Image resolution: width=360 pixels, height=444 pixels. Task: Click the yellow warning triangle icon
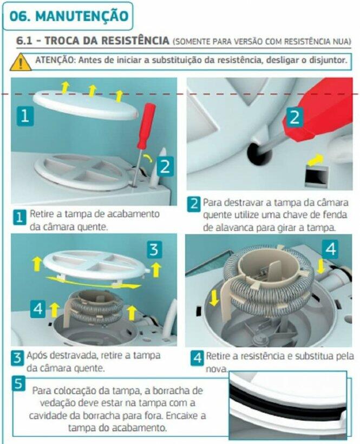click(x=21, y=62)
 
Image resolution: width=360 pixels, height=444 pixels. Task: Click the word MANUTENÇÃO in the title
click(x=82, y=16)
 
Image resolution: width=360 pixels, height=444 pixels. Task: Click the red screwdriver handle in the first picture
click(x=146, y=126)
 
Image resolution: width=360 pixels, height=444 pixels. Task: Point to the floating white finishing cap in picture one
click(x=86, y=105)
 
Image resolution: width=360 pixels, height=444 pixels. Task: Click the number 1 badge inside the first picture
click(x=25, y=116)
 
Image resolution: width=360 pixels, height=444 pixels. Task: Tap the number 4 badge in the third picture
click(x=38, y=308)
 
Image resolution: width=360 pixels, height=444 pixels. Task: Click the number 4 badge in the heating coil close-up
click(x=330, y=249)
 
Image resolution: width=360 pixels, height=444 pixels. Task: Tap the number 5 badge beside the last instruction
click(x=18, y=384)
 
